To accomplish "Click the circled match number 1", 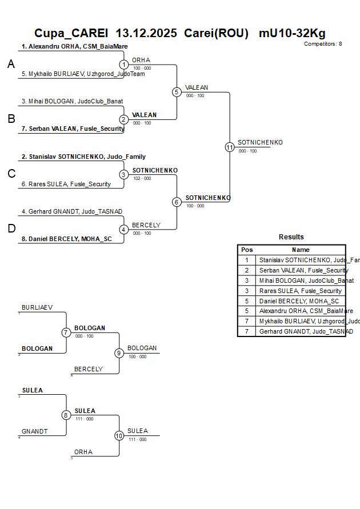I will [x=124, y=65].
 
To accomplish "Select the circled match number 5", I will [x=177, y=92].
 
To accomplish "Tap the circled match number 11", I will [x=230, y=147].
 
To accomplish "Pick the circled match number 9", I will [x=119, y=353].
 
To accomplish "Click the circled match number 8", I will [x=66, y=415].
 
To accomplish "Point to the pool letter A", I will [x=11, y=65].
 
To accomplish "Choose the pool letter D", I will [x=11, y=229].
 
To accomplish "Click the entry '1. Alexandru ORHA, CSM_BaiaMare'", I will [x=74, y=46].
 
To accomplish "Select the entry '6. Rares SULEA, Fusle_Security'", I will [x=66, y=184].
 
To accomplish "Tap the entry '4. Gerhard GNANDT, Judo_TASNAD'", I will [x=72, y=211].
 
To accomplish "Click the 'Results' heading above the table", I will [x=291, y=237].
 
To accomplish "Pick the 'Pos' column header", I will [x=247, y=250].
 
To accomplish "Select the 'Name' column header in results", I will [x=301, y=250].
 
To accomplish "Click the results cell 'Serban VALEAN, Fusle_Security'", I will [x=303, y=270].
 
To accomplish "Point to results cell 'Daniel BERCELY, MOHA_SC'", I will [x=299, y=301].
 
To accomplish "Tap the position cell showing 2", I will [x=247, y=270].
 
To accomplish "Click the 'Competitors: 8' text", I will [x=323, y=44].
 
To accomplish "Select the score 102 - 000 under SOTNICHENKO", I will [x=142, y=178].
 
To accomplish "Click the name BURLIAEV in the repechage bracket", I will [x=37, y=307].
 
